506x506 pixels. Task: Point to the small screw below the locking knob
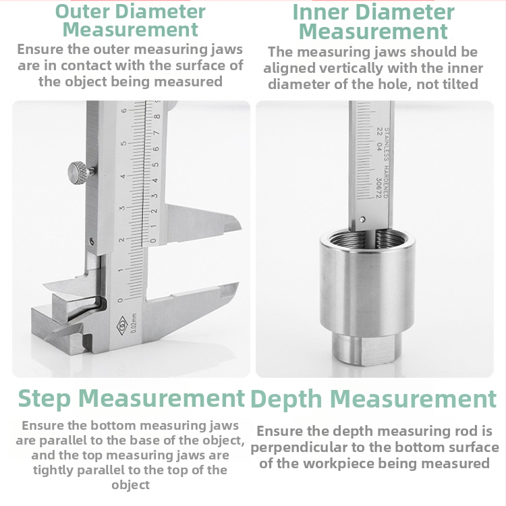pos(92,240)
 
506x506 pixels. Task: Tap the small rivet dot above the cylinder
pos(364,219)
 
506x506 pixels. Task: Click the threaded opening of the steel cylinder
pos(366,240)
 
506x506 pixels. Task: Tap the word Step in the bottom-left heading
pos(44,398)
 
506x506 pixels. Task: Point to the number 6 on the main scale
pos(123,111)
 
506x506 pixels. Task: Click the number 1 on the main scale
pos(119,270)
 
